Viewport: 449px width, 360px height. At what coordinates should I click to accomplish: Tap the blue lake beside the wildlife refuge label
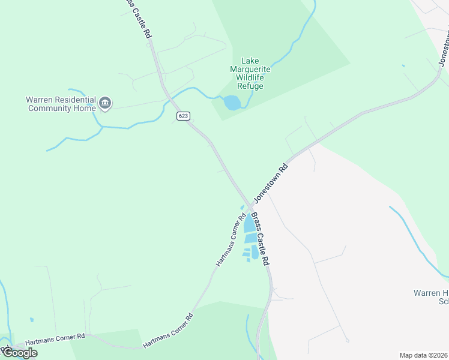pyautogui.click(x=232, y=103)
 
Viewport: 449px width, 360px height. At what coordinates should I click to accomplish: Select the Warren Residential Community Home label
pyautogui.click(x=61, y=104)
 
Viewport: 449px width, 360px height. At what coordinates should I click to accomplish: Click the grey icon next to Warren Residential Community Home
pyautogui.click(x=106, y=104)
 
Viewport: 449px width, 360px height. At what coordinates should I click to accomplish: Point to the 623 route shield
pyautogui.click(x=183, y=115)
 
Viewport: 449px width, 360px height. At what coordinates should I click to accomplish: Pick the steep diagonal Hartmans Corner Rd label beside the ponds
pyautogui.click(x=231, y=241)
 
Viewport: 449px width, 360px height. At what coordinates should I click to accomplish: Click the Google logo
pyautogui.click(x=20, y=353)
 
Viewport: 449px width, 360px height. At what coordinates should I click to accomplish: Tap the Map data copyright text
pyautogui.click(x=424, y=355)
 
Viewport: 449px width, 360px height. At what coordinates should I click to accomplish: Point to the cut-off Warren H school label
pyautogui.click(x=431, y=297)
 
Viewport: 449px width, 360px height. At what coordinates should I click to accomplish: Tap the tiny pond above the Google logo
pyautogui.click(x=31, y=320)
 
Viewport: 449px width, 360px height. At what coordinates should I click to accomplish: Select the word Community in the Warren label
pyautogui.click(x=53, y=108)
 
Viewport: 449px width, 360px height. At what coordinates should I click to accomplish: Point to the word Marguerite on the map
pyautogui.click(x=250, y=69)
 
